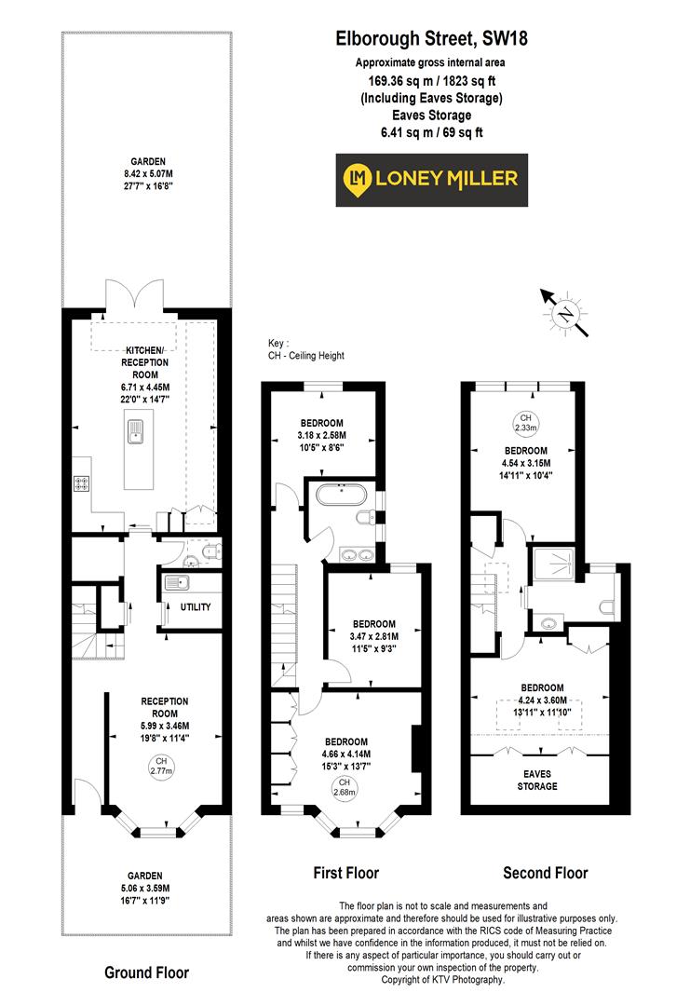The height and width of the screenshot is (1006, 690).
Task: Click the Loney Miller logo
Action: click(x=431, y=180)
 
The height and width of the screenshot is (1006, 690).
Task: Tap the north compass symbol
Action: click(x=565, y=313)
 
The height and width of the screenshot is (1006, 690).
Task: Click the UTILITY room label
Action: click(x=195, y=607)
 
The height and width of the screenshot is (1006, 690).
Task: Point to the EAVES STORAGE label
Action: click(x=538, y=779)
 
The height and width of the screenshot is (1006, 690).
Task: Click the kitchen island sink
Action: click(x=134, y=429)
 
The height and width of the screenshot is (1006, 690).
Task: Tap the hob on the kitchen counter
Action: click(x=82, y=483)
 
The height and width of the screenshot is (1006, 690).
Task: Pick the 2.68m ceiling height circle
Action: click(x=344, y=787)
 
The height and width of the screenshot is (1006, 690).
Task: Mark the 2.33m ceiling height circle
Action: click(x=525, y=423)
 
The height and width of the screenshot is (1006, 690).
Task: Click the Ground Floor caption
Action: click(x=146, y=972)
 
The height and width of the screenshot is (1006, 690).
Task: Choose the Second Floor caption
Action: click(x=546, y=873)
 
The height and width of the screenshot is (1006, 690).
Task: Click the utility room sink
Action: click(x=175, y=583)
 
